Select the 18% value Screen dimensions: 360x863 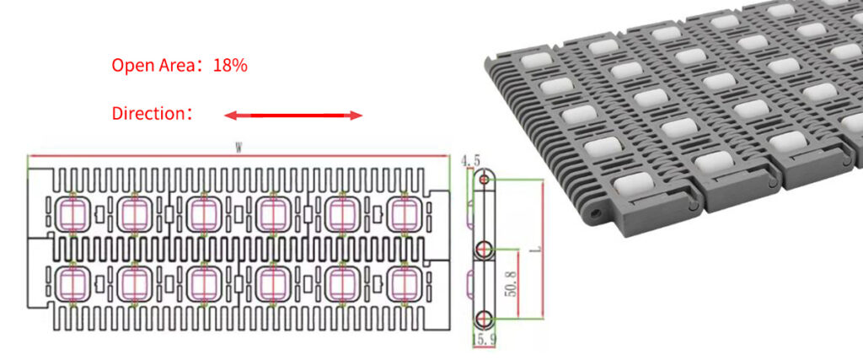tap(230, 65)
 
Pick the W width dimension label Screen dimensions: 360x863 tap(239, 148)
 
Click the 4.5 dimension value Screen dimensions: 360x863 tap(470, 160)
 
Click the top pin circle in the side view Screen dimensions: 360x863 tap(483, 180)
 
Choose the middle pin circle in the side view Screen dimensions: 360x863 tap(483, 249)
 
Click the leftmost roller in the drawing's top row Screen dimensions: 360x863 tap(66, 213)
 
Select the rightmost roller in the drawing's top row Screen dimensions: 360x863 tap(404, 213)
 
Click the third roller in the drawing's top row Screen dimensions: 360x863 tap(201, 213)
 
